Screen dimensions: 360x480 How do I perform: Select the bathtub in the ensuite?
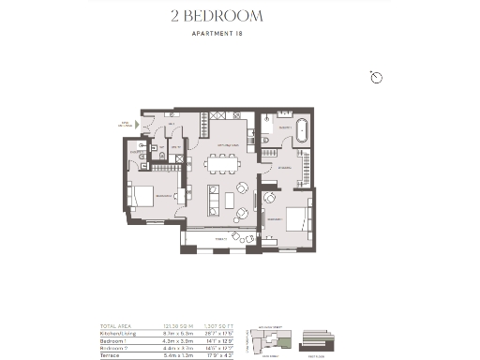[303, 130]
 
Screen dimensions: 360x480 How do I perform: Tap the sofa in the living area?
[214, 197]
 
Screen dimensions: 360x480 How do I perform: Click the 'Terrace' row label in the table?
[112, 353]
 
